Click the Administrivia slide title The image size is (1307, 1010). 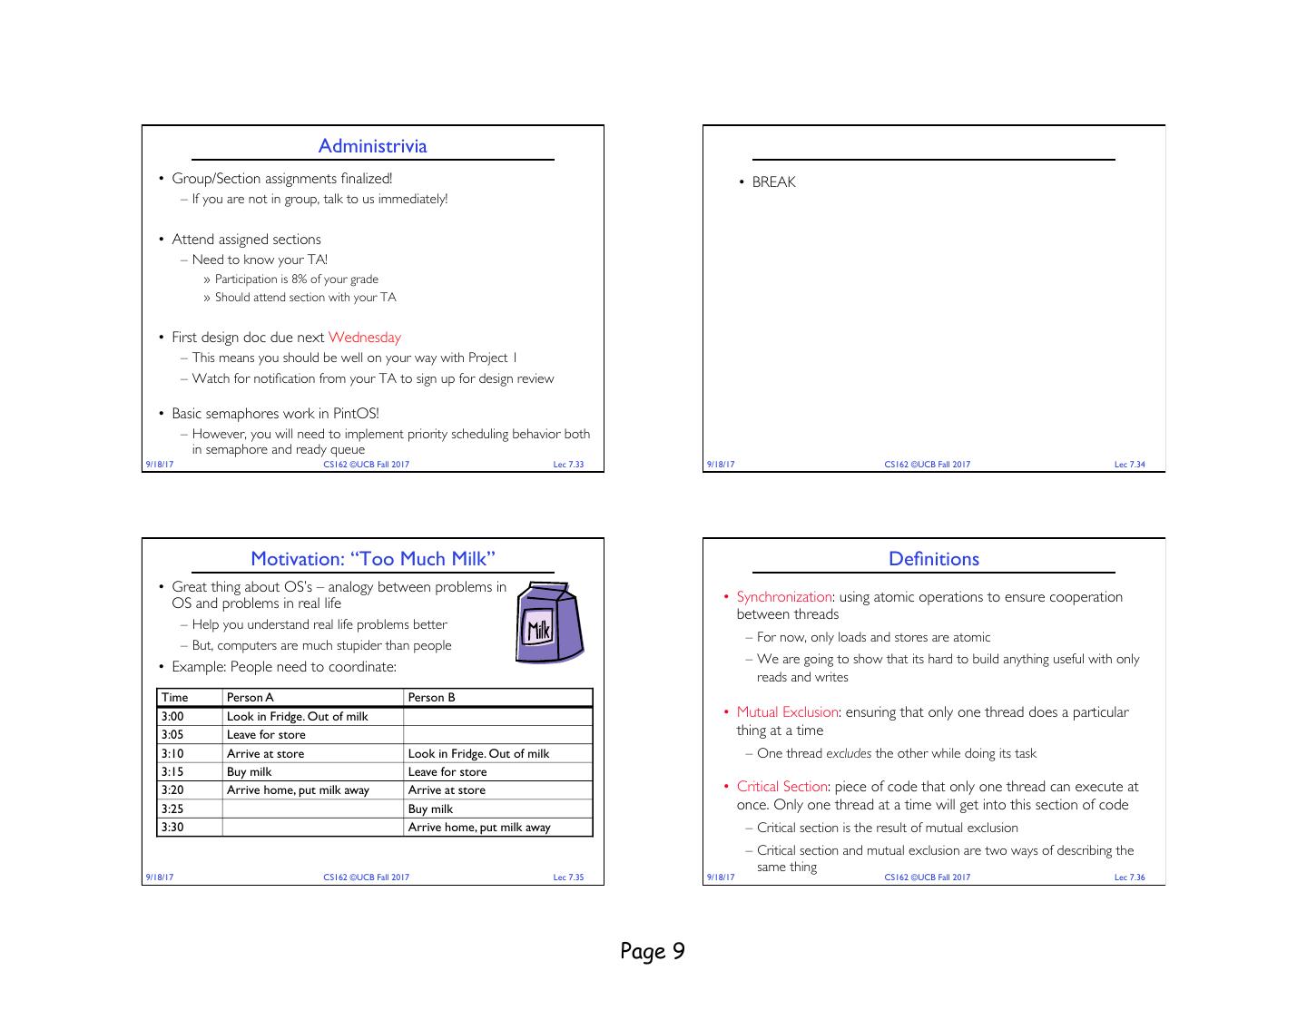point(372,146)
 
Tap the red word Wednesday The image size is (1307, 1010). point(364,338)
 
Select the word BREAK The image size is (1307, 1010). point(773,182)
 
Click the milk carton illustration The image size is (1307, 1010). point(549,623)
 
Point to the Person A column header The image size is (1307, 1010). point(250,698)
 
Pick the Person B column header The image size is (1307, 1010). point(431,698)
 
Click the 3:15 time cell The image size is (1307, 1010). point(172,772)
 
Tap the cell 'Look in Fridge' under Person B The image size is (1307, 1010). point(478,754)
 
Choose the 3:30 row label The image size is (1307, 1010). point(172,828)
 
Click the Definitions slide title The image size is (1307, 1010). point(934,559)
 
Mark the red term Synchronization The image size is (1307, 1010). point(784,597)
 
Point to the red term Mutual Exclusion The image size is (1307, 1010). point(787,712)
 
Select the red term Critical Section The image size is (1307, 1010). point(781,787)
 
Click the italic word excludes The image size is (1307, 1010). point(849,754)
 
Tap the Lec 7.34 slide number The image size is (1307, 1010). point(1129,465)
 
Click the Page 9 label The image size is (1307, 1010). point(653,951)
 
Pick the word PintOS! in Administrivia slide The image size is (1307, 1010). point(356,414)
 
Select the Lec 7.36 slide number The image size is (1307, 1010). point(1129,878)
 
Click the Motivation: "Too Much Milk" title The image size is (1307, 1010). point(373,559)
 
